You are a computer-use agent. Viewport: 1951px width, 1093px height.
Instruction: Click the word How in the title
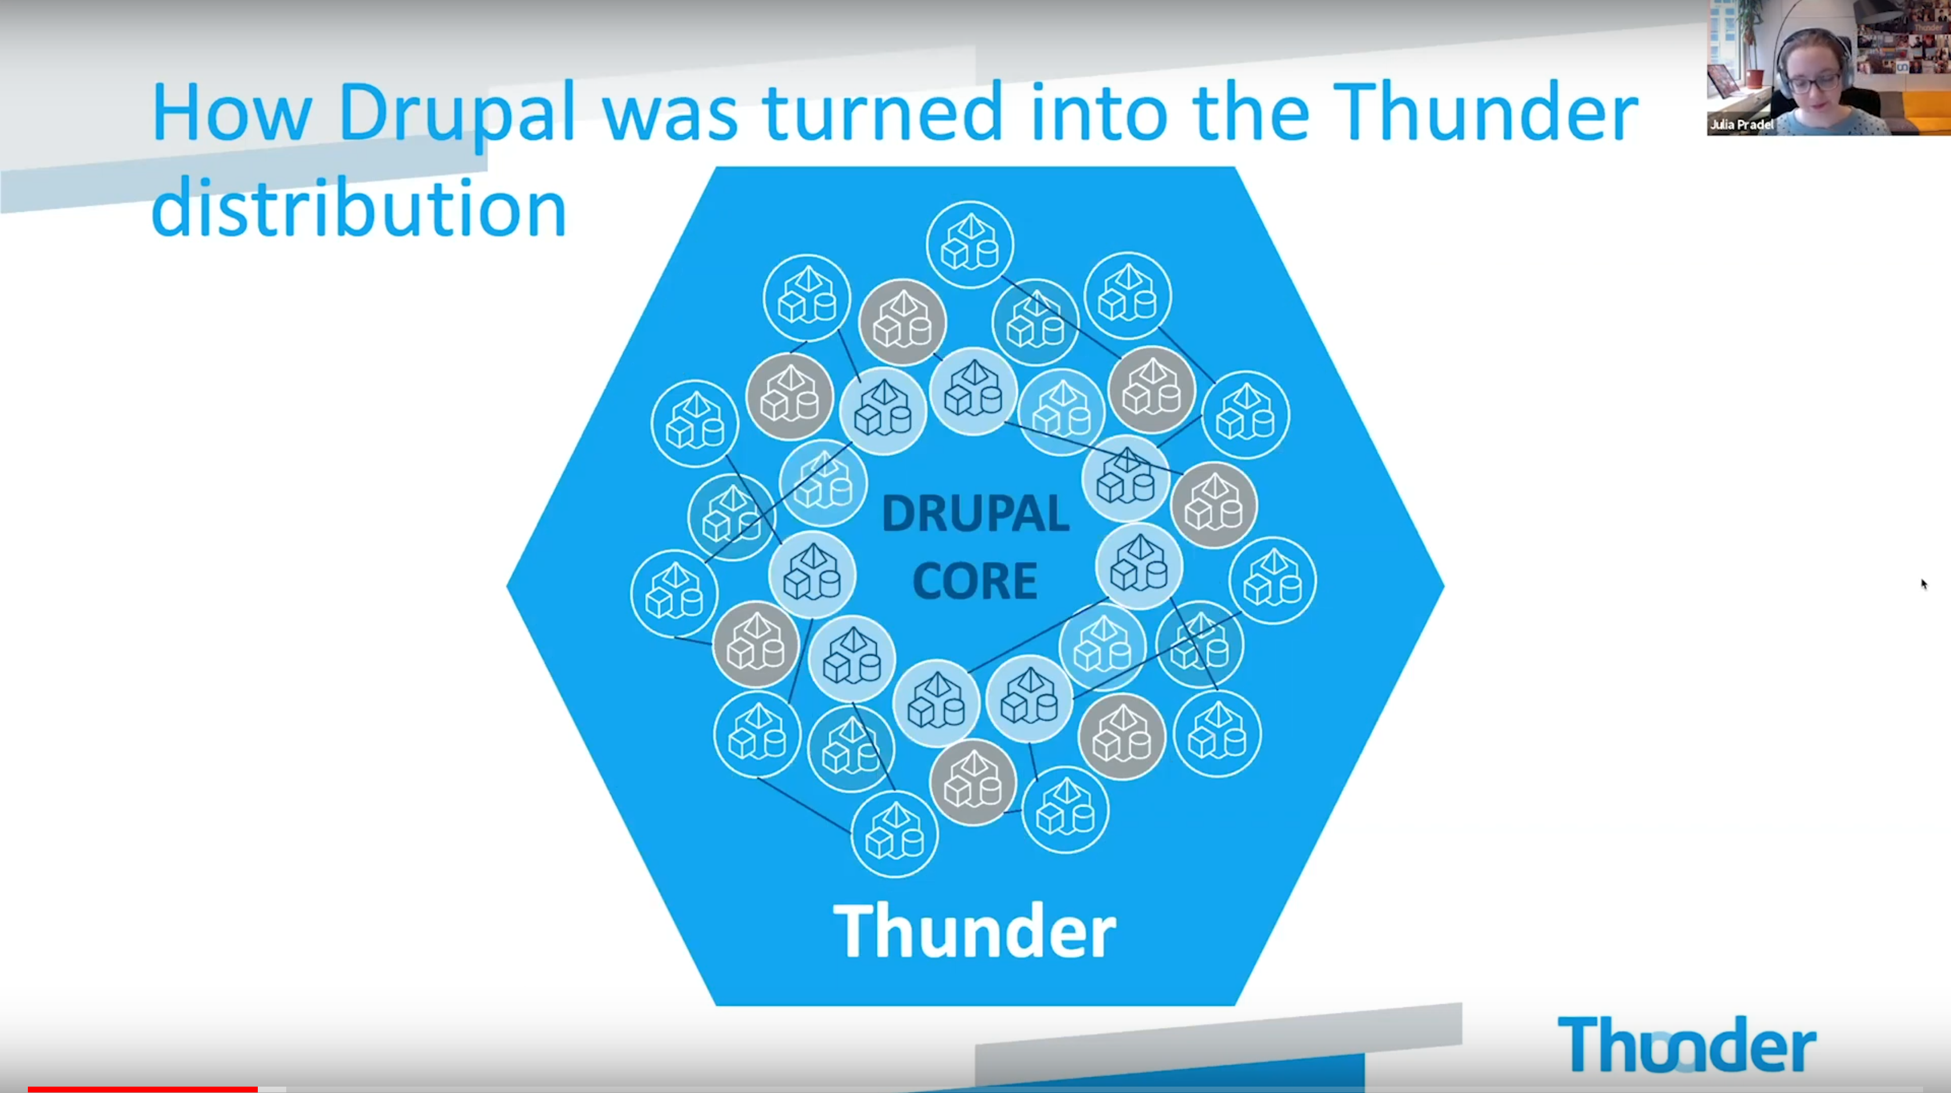point(232,113)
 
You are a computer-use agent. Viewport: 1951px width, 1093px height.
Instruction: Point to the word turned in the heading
point(883,111)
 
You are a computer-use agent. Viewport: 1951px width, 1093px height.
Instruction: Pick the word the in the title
point(1250,111)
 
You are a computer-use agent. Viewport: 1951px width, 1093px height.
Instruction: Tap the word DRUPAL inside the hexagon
point(976,514)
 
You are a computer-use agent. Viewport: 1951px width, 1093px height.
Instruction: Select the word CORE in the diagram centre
point(975,581)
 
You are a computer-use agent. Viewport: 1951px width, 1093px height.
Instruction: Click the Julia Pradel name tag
point(1742,125)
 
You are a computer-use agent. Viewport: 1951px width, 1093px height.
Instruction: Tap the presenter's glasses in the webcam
point(1816,79)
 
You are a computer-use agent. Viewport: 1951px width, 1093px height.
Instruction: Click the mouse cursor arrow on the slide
point(1924,584)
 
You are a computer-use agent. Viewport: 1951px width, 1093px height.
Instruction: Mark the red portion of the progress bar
point(142,1089)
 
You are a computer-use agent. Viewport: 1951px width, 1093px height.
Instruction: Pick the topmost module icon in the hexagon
point(970,244)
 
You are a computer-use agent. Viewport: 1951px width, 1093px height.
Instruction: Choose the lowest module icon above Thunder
point(894,834)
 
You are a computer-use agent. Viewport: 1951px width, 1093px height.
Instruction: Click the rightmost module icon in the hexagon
point(1272,580)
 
